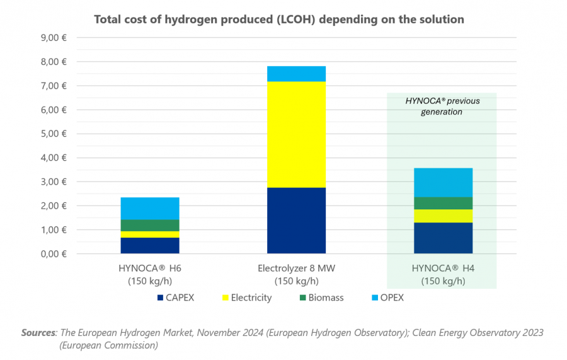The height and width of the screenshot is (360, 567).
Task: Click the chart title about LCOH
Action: (x=278, y=20)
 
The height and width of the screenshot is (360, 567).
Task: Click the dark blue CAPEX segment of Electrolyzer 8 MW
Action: (x=296, y=221)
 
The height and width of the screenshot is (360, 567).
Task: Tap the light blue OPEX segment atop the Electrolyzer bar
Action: (x=296, y=74)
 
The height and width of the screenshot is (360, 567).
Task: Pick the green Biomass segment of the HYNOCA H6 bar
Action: (x=150, y=225)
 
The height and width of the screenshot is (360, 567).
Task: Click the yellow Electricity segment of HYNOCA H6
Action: (x=150, y=235)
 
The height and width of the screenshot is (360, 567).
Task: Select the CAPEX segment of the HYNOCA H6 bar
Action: (x=150, y=245)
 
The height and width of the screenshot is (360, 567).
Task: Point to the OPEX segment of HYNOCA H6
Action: (x=150, y=208)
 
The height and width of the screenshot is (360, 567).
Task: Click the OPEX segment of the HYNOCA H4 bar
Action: (x=443, y=182)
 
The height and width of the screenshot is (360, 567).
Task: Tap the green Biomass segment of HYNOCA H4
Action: (x=443, y=203)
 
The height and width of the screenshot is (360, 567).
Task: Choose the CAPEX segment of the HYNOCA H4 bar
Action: (x=443, y=238)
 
